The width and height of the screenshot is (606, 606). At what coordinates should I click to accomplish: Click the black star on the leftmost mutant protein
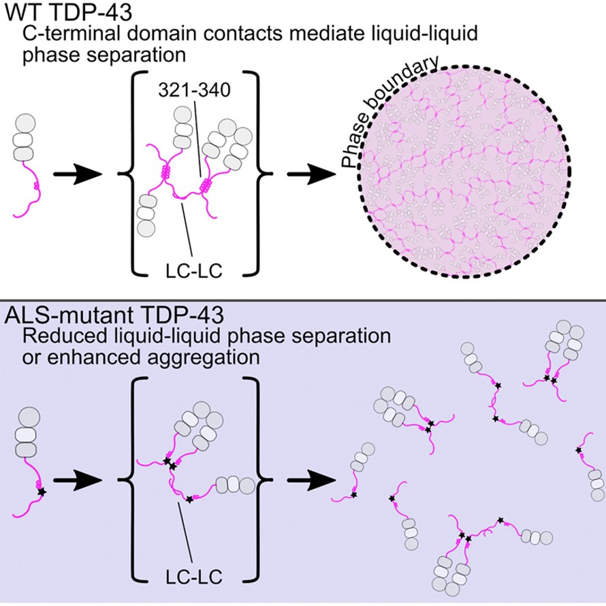[42, 490]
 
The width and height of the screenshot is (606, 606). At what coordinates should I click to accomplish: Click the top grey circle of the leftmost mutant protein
[25, 417]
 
